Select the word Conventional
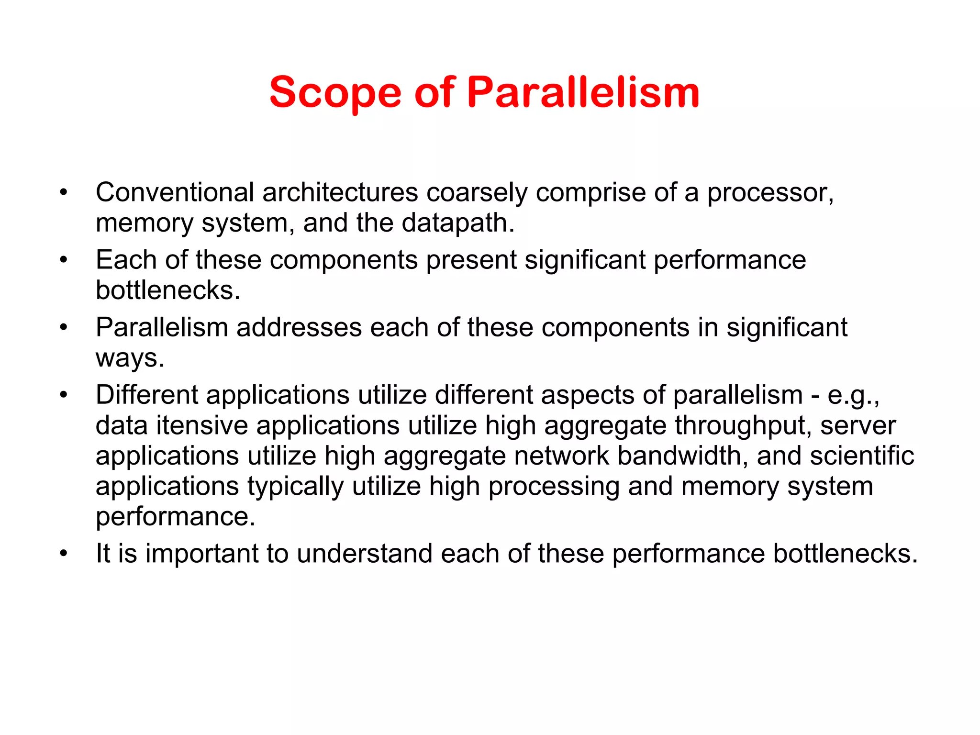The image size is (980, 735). [x=175, y=192]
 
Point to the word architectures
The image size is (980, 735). [x=340, y=192]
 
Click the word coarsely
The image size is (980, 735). [x=477, y=192]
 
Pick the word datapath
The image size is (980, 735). [x=457, y=223]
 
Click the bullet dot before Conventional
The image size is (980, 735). [x=64, y=193]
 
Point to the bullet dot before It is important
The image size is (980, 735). [x=64, y=554]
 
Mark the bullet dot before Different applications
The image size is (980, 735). [x=64, y=396]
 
